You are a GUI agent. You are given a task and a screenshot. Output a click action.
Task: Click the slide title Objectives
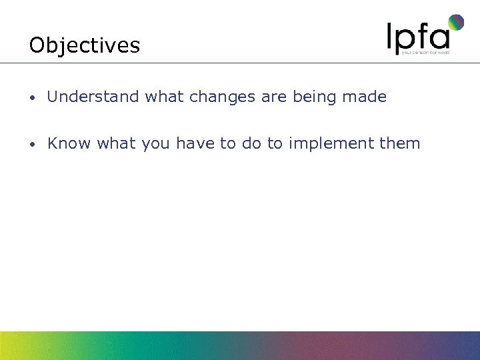pyautogui.click(x=85, y=45)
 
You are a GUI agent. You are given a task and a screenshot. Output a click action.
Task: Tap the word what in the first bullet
pyautogui.click(x=165, y=97)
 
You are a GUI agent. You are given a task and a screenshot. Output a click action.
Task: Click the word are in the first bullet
pyautogui.click(x=274, y=97)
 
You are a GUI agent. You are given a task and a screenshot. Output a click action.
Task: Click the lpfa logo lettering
pyautogui.click(x=417, y=36)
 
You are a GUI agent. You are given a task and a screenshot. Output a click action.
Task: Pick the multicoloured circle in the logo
pyautogui.click(x=455, y=23)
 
